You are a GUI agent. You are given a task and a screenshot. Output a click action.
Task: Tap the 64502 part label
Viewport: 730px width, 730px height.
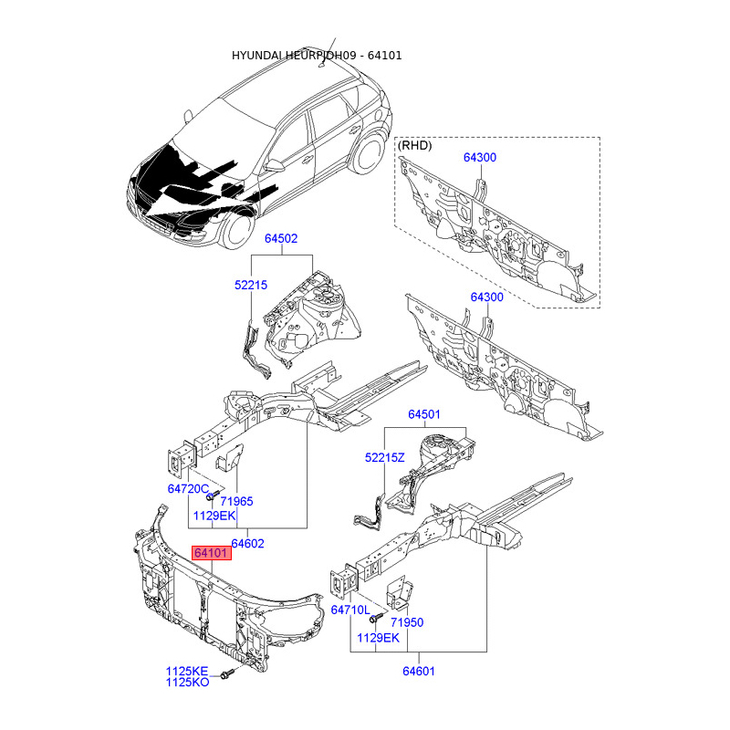[x=281, y=238]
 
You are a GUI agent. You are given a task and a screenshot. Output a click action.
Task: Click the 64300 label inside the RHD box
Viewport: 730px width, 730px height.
[x=479, y=158]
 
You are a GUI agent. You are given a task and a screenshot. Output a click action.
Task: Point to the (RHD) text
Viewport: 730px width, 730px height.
[x=415, y=145]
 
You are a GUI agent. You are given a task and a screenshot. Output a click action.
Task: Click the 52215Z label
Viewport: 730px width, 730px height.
[x=384, y=457]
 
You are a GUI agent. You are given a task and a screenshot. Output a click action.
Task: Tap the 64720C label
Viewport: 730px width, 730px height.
[x=188, y=489]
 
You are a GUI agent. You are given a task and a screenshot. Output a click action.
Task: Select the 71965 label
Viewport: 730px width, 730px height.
[x=236, y=502]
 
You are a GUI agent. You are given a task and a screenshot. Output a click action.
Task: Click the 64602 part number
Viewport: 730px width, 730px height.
[x=246, y=543]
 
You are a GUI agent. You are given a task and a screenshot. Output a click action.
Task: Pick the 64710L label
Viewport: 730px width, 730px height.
[x=350, y=610]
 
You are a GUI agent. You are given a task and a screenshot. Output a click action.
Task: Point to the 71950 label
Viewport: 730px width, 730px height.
[x=407, y=622]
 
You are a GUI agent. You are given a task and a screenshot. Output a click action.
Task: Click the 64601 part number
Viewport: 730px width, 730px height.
[x=418, y=673]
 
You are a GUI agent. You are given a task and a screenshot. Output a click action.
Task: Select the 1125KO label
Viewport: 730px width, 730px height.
[x=187, y=683]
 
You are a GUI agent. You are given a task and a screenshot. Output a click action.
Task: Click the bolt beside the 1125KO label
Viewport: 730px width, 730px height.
[x=227, y=676]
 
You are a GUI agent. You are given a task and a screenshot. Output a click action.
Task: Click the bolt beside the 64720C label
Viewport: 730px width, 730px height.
[x=211, y=497]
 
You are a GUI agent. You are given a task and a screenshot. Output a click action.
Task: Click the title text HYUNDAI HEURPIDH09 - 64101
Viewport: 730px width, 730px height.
[x=317, y=56]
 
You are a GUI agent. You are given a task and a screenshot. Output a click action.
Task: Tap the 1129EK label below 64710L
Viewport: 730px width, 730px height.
[x=379, y=637]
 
